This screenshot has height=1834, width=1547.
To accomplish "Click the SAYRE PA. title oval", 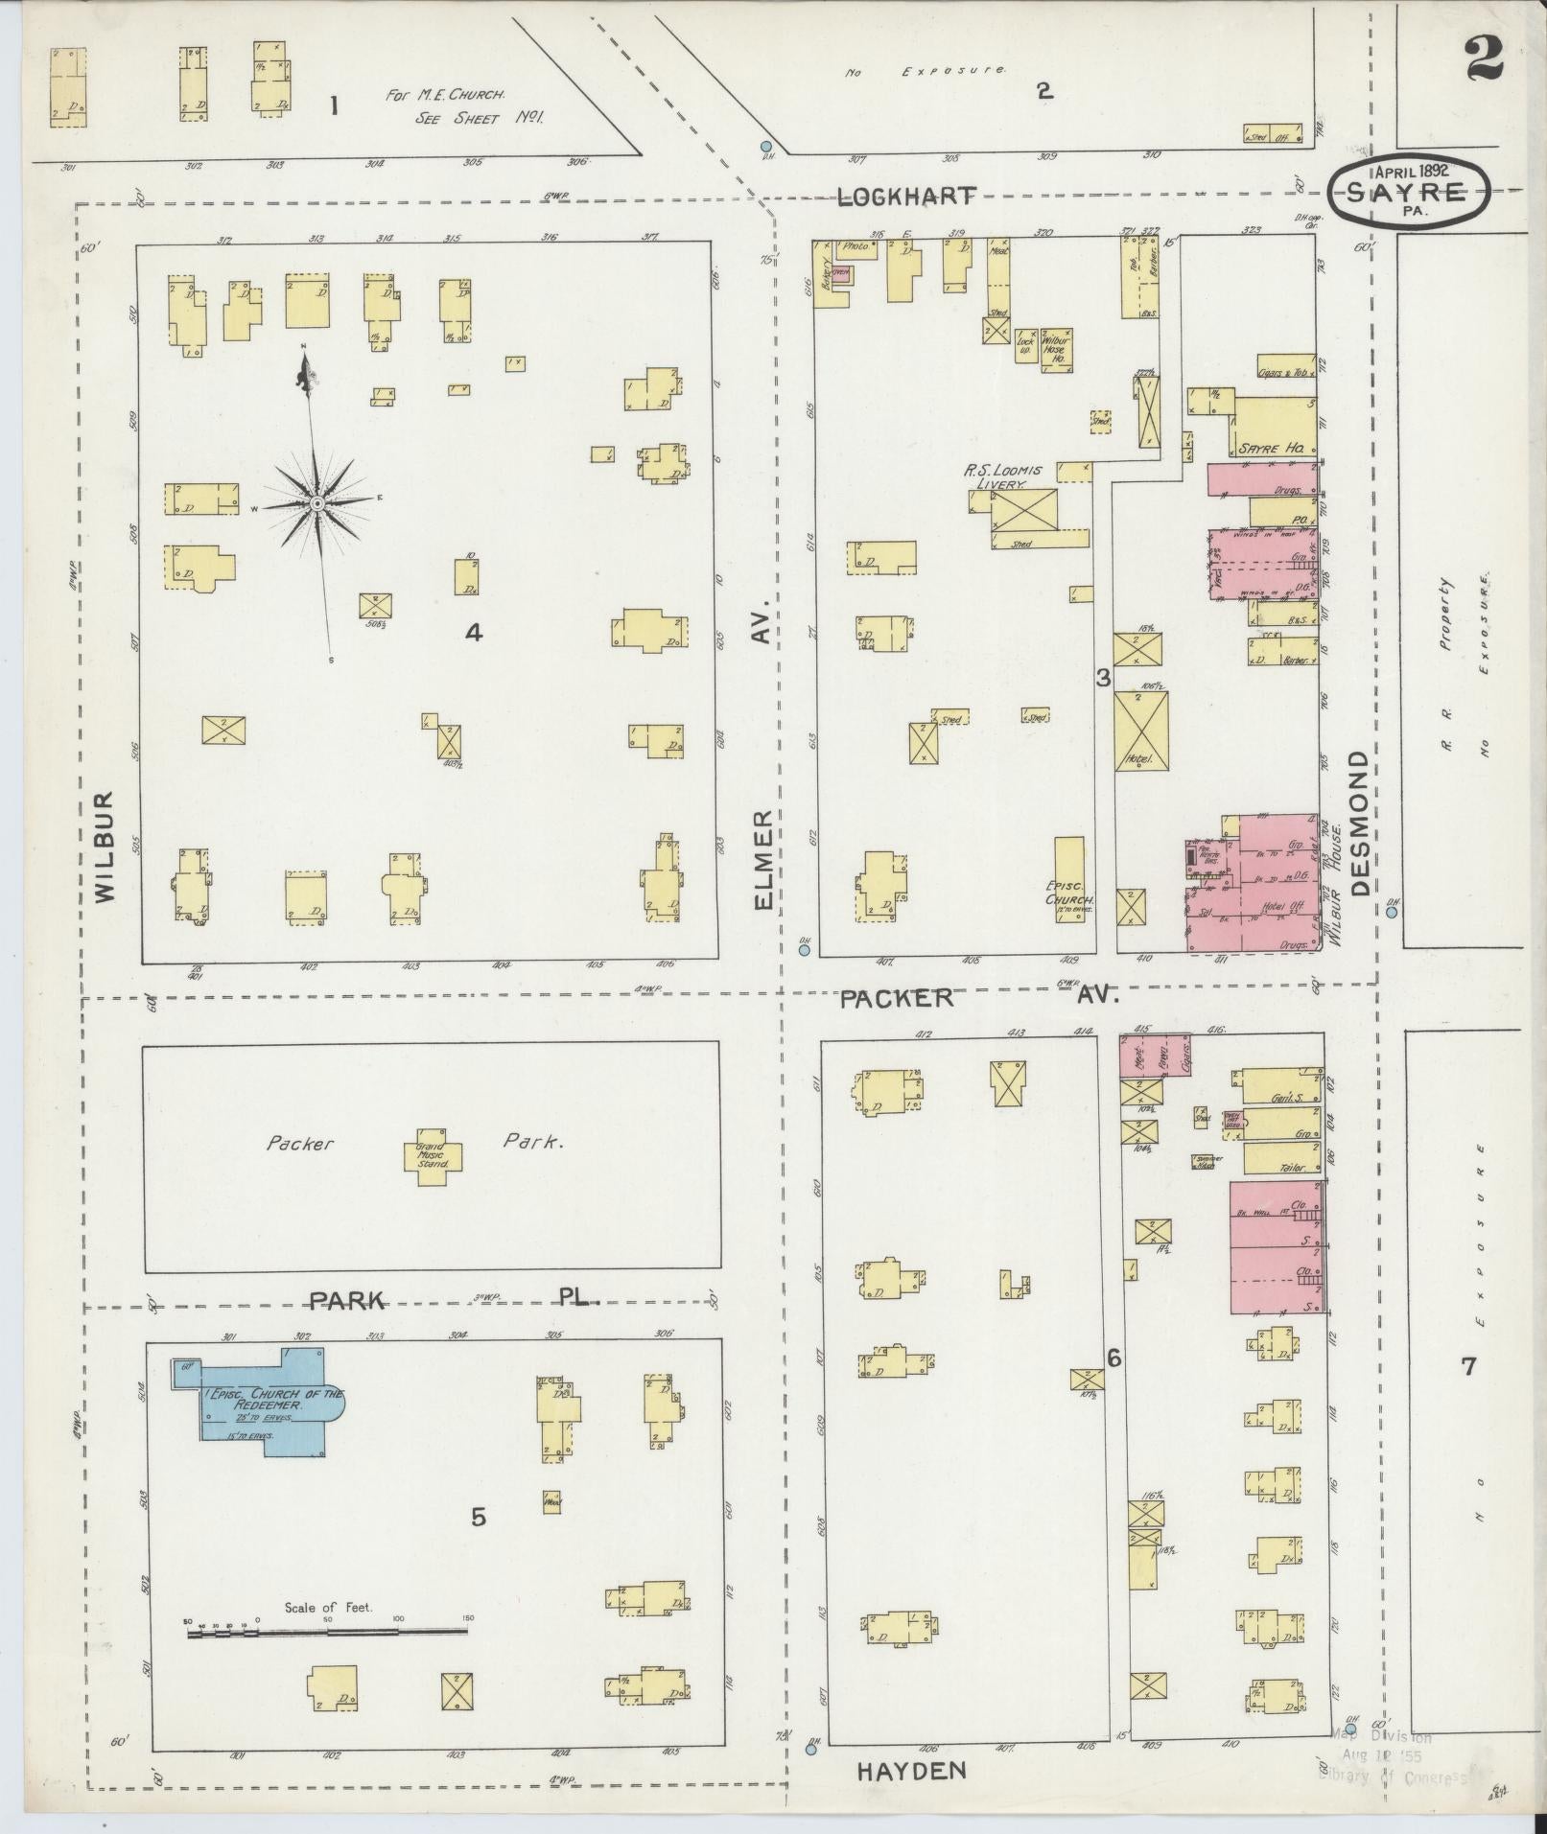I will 1409,190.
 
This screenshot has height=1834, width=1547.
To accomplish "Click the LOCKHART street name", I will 906,197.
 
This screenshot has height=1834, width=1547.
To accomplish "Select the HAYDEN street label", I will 911,1770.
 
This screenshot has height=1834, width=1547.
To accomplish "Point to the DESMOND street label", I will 1360,823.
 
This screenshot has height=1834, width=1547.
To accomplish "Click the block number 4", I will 473,632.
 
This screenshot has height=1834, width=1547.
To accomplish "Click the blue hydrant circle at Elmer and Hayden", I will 811,1749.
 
